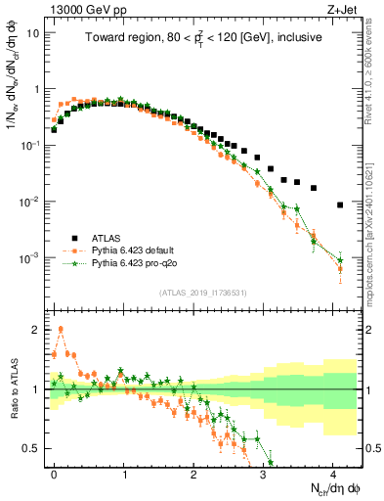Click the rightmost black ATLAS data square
(x=339, y=205)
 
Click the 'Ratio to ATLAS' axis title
(x=13, y=389)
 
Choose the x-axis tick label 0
(x=54, y=472)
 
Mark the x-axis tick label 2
(x=193, y=472)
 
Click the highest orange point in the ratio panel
(x=61, y=329)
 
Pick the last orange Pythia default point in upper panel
(x=339, y=269)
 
